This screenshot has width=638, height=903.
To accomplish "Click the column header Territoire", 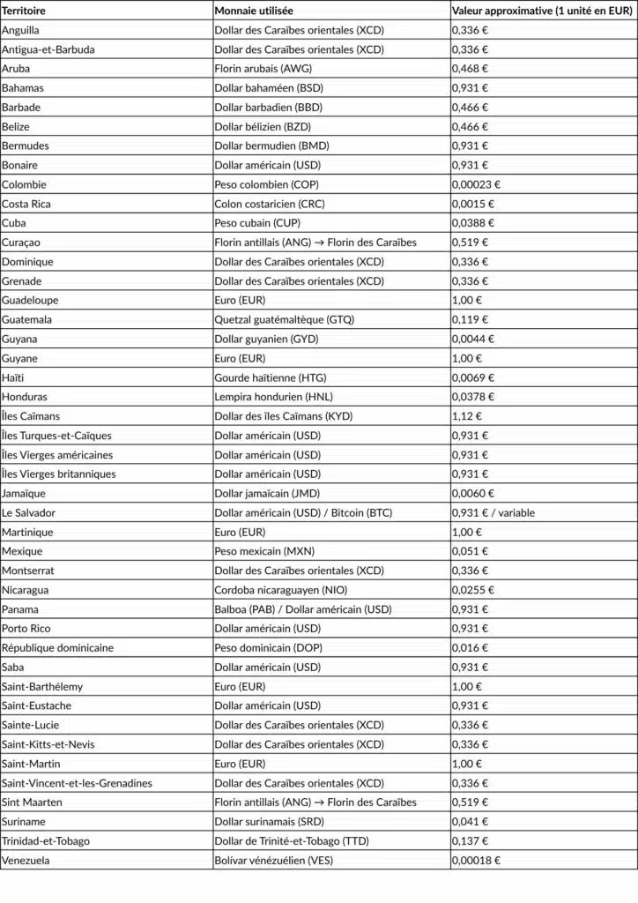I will pyautogui.click(x=24, y=11).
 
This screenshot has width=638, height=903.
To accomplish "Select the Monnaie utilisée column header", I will pyautogui.click(x=255, y=11).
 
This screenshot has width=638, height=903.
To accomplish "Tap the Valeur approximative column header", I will pyautogui.click(x=542, y=11).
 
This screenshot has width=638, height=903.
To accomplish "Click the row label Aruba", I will pyautogui.click(x=16, y=69).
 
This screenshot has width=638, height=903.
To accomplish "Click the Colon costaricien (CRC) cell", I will pyautogui.click(x=269, y=204).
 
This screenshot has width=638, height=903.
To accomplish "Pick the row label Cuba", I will pyautogui.click(x=15, y=223).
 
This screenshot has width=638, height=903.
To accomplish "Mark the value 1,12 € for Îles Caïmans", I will pyautogui.click(x=467, y=416).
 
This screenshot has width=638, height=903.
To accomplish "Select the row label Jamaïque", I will pyautogui.click(x=24, y=494).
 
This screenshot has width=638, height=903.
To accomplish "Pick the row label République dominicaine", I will pyautogui.click(x=57, y=648).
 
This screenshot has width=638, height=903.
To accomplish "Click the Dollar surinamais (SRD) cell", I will pyautogui.click(x=268, y=822).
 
